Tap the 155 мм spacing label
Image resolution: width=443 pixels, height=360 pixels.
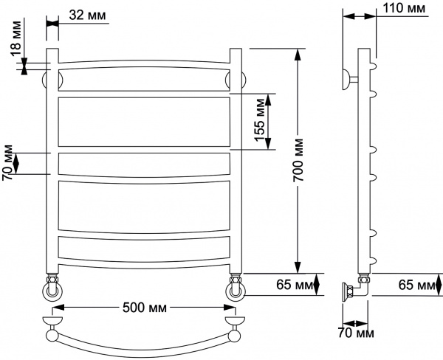pyautogui.click(x=259, y=122)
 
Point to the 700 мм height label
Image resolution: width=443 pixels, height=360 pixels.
pyautogui.click(x=298, y=160)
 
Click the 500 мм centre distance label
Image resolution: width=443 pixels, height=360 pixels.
pyautogui.click(x=143, y=308)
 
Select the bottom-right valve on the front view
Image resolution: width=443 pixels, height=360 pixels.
pyautogui.click(x=236, y=288)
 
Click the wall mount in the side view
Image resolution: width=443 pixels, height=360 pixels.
pyautogui.click(x=348, y=78)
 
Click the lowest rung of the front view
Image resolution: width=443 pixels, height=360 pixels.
pyautogui.click(x=143, y=264)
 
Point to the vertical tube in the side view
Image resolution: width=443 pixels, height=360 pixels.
pyautogui.click(x=363, y=162)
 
